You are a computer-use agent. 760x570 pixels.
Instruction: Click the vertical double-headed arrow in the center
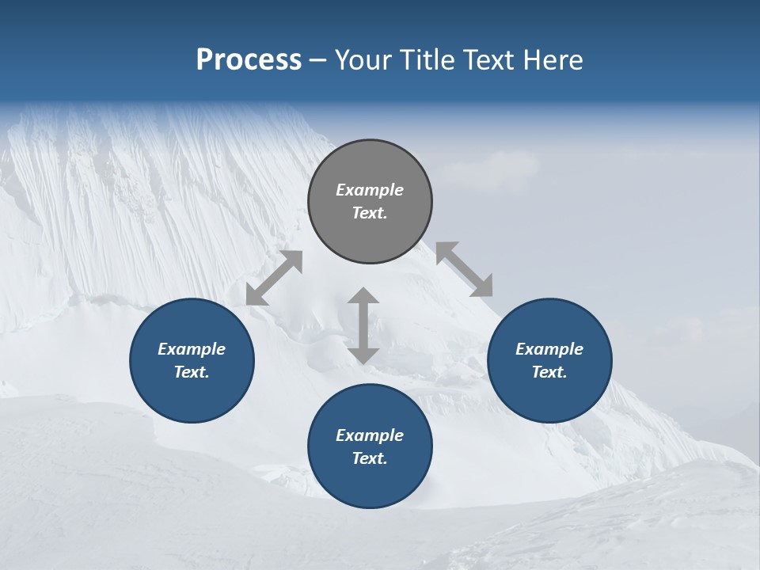[x=363, y=325]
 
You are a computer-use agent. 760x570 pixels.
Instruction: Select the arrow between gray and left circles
[x=274, y=277]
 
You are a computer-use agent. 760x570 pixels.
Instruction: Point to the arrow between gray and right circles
[x=464, y=269]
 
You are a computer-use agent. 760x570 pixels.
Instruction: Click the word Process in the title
[x=249, y=59]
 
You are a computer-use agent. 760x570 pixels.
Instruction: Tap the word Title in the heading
[x=427, y=59]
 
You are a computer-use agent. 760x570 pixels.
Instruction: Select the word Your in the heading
[x=363, y=59]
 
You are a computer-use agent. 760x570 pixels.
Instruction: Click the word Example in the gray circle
[x=370, y=190]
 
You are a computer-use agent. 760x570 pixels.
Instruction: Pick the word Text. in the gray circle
[x=370, y=213]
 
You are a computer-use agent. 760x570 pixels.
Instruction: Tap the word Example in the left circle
[x=192, y=349]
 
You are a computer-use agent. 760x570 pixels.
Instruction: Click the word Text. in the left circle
[x=192, y=372]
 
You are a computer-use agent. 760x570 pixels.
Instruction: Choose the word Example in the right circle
[x=549, y=349]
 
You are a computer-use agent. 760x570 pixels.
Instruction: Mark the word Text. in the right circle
[x=549, y=372]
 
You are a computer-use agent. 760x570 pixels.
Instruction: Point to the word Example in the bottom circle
[x=370, y=435]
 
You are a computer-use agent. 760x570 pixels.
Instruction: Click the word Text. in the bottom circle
[x=370, y=458]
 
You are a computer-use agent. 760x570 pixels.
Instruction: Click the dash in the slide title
[x=318, y=60]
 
